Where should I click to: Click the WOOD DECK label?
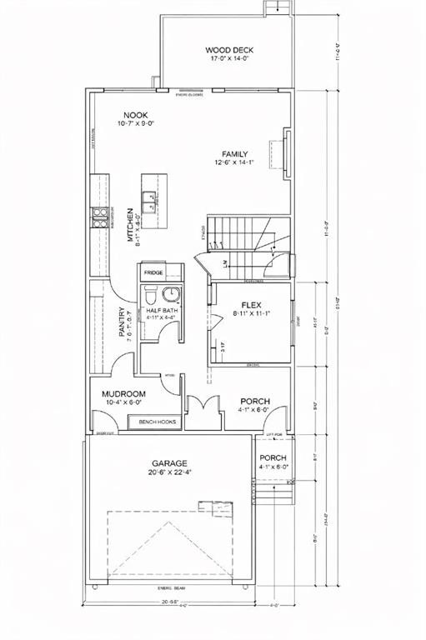click(225, 50)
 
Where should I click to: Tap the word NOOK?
click(136, 115)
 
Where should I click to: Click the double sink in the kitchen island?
click(150, 201)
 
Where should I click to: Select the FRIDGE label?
click(153, 273)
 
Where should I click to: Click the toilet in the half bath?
click(150, 296)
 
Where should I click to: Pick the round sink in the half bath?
click(171, 294)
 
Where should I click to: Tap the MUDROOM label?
click(124, 394)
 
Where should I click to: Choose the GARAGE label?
click(168, 463)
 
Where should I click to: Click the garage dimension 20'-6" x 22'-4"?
click(168, 473)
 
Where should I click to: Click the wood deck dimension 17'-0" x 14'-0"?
click(225, 60)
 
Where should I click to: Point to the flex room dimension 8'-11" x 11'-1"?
click(252, 315)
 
